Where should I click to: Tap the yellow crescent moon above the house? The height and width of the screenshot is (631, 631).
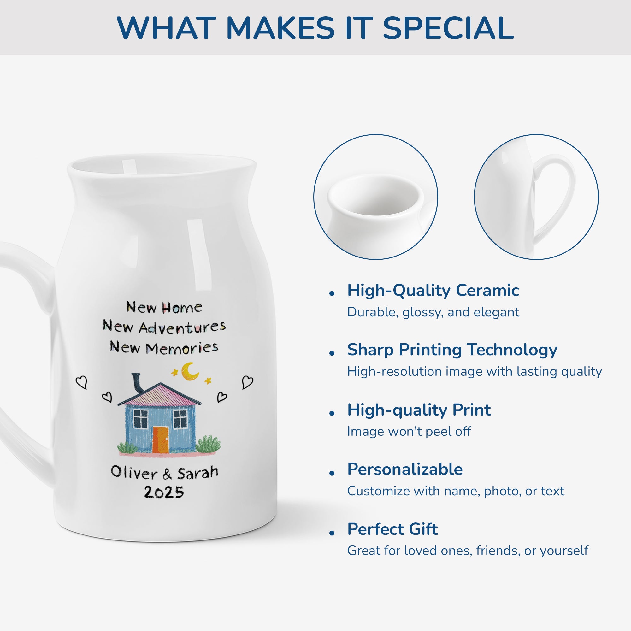pyautogui.click(x=189, y=372)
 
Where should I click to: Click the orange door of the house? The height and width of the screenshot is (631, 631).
pyautogui.click(x=160, y=439)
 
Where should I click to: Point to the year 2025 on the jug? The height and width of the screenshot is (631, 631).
pyautogui.click(x=164, y=492)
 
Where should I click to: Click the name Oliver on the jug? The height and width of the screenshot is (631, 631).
pyautogui.click(x=134, y=473)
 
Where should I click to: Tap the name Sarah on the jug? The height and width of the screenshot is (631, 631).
pyautogui.click(x=198, y=472)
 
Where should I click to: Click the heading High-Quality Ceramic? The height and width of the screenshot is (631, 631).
pyautogui.click(x=433, y=290)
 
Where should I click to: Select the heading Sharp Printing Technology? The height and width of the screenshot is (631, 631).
pyautogui.click(x=452, y=350)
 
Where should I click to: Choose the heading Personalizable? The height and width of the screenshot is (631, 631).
pyautogui.click(x=405, y=469)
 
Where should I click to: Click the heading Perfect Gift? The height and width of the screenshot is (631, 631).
pyautogui.click(x=392, y=529)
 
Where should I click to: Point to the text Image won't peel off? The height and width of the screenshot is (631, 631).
pyautogui.click(x=409, y=431)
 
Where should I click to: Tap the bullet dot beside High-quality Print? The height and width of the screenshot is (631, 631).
pyautogui.click(x=332, y=414)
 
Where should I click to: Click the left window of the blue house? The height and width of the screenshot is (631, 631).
pyautogui.click(x=141, y=418)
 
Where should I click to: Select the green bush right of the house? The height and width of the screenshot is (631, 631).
pyautogui.click(x=208, y=444)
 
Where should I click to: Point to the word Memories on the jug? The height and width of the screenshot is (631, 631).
pyautogui.click(x=182, y=348)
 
